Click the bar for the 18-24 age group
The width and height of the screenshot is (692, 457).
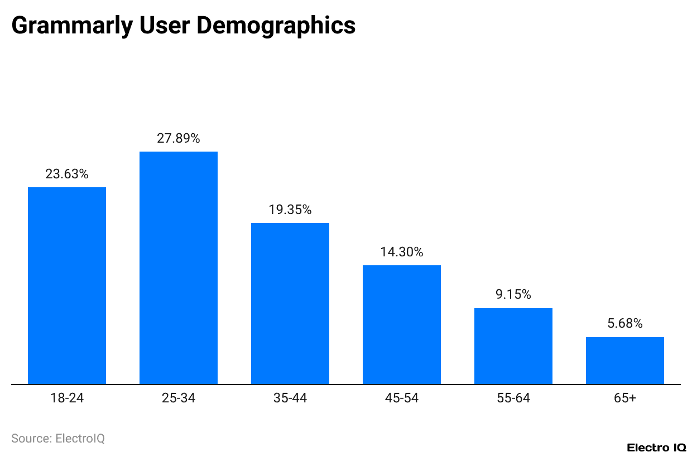(x=67, y=285)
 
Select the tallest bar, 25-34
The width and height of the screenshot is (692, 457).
(x=179, y=268)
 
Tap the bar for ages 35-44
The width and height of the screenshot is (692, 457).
(x=290, y=303)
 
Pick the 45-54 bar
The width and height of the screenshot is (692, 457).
(x=402, y=324)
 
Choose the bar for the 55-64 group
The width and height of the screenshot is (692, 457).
(x=513, y=346)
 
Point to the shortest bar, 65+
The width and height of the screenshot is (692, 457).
(x=625, y=361)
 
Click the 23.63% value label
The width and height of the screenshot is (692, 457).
(x=67, y=174)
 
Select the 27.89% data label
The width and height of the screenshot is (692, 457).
(x=179, y=138)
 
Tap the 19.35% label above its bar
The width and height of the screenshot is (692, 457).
(x=290, y=210)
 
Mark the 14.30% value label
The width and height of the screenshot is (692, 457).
(x=402, y=252)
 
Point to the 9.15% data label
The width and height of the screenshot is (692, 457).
(x=513, y=294)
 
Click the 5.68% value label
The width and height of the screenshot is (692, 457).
(x=625, y=323)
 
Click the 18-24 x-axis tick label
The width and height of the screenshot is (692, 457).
(x=67, y=398)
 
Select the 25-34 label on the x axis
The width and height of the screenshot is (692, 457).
(x=179, y=398)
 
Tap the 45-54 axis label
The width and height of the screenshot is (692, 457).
(x=402, y=398)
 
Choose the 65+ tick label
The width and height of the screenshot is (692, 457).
(x=625, y=398)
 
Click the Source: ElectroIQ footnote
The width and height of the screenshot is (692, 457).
(x=58, y=439)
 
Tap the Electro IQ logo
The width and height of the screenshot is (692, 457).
(x=656, y=448)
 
